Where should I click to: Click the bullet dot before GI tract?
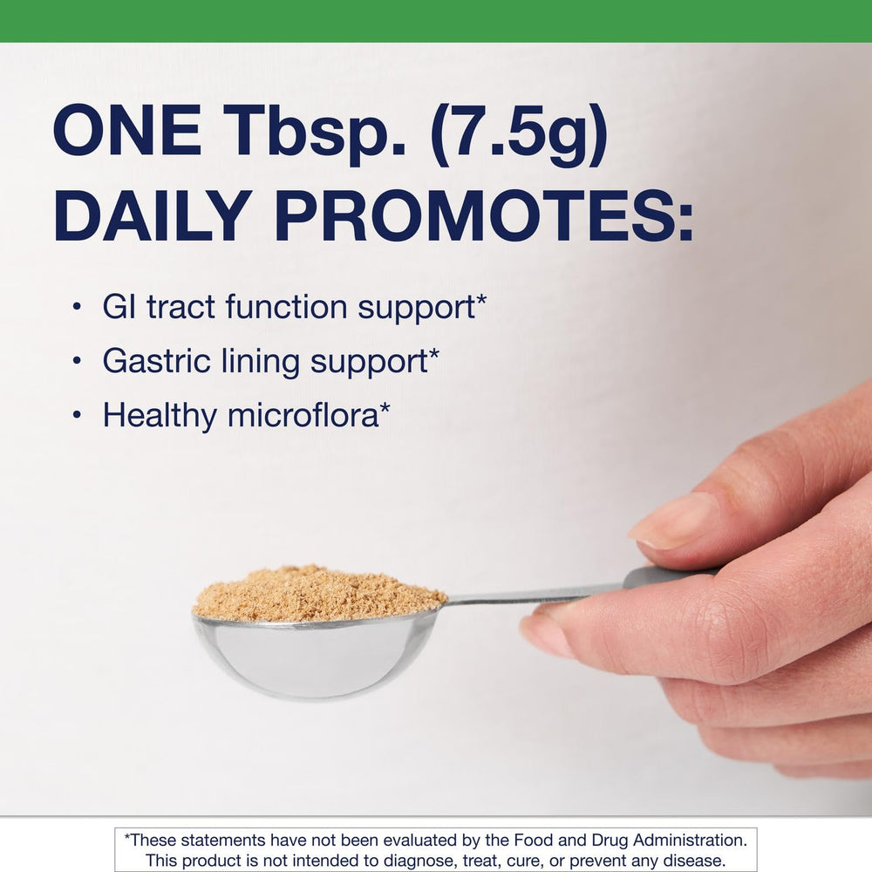(78, 307)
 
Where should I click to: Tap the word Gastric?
(152, 361)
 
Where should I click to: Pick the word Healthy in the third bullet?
(159, 416)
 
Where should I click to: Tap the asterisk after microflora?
(385, 410)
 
